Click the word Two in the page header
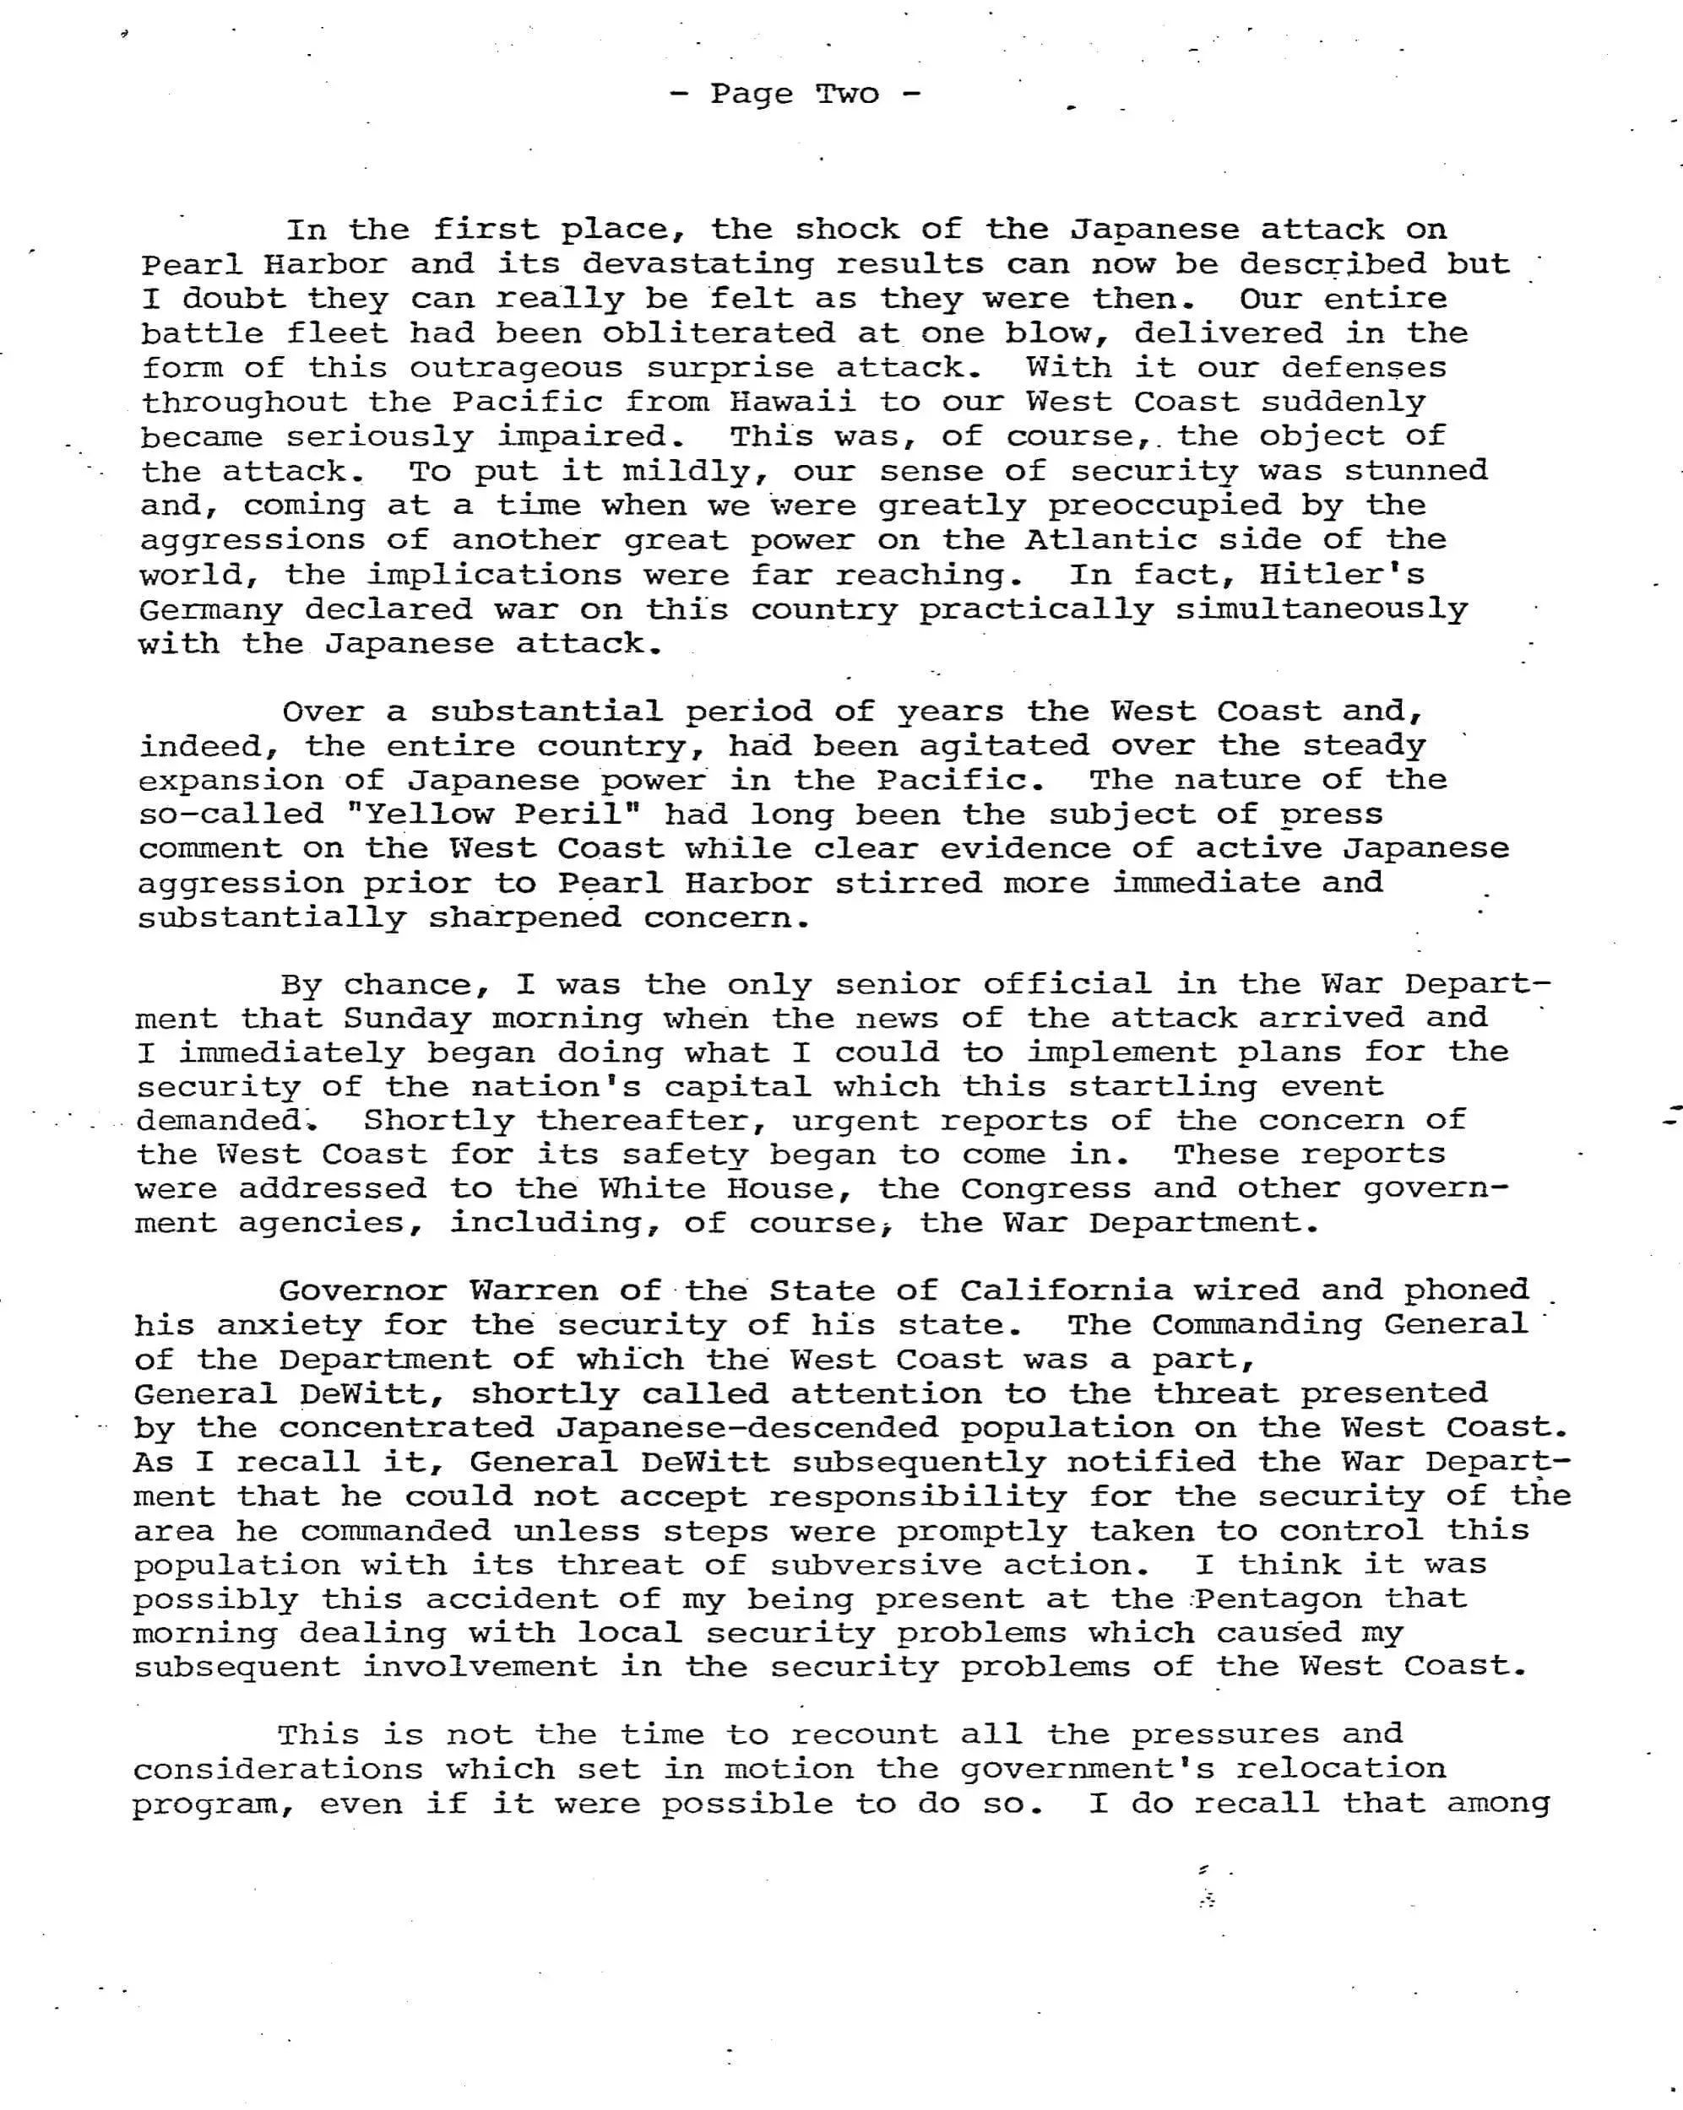848,94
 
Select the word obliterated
719,333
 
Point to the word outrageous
516,368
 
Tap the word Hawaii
792,403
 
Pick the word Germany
210,609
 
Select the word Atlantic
1110,539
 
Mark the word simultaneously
1321,609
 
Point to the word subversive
875,1565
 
